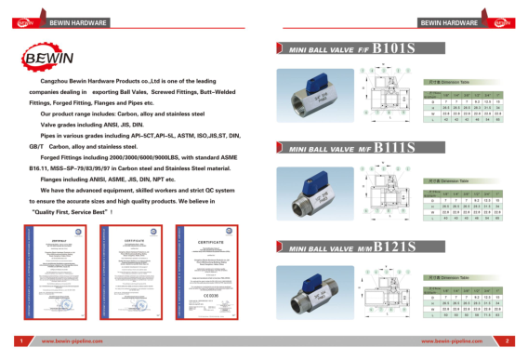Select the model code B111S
click(x=389, y=146)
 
